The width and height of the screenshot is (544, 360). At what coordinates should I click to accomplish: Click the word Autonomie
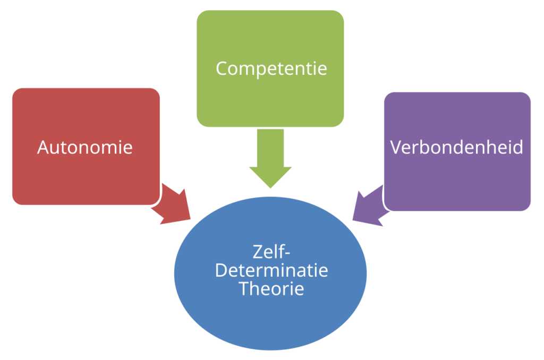[85, 147]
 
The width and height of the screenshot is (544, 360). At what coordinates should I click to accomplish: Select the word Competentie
[271, 68]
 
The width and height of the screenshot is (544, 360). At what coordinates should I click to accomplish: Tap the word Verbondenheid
[457, 147]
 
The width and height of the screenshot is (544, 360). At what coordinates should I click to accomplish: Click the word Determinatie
[271, 271]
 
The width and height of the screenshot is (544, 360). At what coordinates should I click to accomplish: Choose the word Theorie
[271, 289]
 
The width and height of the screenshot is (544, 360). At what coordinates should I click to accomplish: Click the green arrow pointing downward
[270, 159]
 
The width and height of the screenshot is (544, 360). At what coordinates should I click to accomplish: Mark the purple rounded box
[457, 181]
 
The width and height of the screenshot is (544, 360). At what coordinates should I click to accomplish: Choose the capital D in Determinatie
[220, 271]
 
